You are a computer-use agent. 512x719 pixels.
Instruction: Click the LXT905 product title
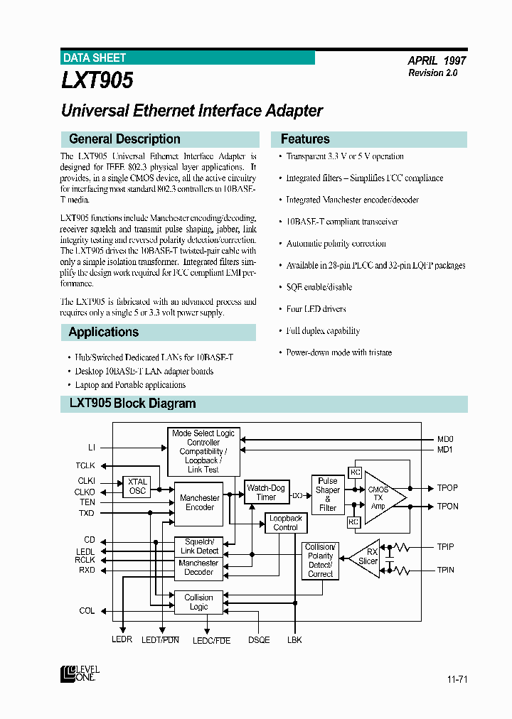click(x=97, y=81)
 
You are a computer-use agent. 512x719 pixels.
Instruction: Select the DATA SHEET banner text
click(x=95, y=58)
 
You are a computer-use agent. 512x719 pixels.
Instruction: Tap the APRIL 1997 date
click(x=437, y=61)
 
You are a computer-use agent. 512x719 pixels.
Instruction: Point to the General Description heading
click(x=124, y=139)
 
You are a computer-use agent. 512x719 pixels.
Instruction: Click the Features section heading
click(x=305, y=139)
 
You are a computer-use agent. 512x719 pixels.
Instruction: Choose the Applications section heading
click(x=103, y=332)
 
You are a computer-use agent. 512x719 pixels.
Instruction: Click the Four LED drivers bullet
click(x=316, y=309)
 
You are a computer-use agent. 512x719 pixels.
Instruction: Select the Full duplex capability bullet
click(x=323, y=331)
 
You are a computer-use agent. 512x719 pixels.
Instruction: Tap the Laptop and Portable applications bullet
click(x=130, y=385)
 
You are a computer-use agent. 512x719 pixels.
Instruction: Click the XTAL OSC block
click(x=137, y=486)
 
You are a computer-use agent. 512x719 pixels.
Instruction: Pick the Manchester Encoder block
click(x=199, y=502)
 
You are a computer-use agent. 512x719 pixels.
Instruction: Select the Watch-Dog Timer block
click(x=266, y=492)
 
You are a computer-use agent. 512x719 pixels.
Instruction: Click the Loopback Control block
click(x=286, y=523)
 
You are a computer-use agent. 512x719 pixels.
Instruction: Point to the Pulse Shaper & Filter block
click(x=327, y=494)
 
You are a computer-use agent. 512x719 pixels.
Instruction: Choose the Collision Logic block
click(x=198, y=602)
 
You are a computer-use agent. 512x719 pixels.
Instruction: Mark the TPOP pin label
click(x=447, y=489)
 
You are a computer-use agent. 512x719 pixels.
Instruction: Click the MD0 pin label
click(x=445, y=439)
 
